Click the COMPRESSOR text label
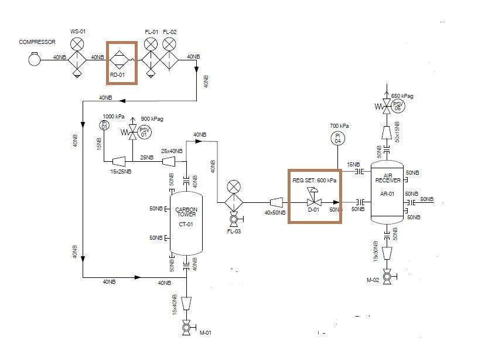tap(36, 42)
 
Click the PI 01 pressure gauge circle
tap(104, 124)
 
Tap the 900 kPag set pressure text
tap(152, 119)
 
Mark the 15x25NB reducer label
tap(121, 171)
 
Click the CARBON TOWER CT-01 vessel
tap(186, 223)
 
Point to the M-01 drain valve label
tap(205, 334)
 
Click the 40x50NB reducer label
tap(275, 213)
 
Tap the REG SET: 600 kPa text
tap(315, 181)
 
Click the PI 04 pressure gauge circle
tap(338, 138)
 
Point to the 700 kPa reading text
tap(339, 126)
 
